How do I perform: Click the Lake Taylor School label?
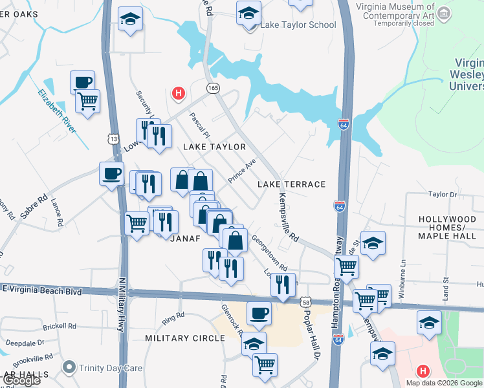[x=298, y=25]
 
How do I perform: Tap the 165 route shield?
[x=212, y=87]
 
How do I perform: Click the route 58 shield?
[x=306, y=302]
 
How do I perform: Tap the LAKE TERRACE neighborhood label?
[x=291, y=184]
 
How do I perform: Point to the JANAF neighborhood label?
[x=186, y=238]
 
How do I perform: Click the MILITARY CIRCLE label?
[x=184, y=338]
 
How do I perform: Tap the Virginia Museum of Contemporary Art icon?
[x=444, y=13]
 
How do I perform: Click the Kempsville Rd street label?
[x=287, y=218]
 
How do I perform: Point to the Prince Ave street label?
[x=243, y=169]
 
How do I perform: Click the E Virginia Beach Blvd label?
[x=43, y=292]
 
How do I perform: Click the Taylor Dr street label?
[x=443, y=194]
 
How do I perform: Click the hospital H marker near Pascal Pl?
[x=178, y=94]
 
